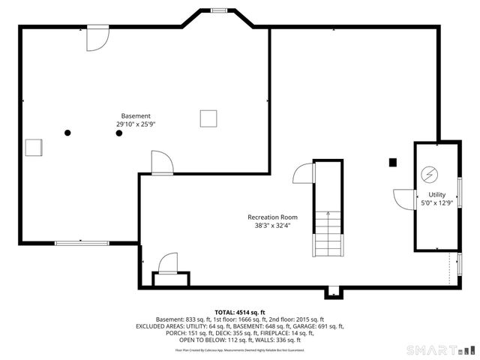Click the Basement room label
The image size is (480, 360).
click(x=135, y=115)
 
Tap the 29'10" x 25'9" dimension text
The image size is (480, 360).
click(x=135, y=124)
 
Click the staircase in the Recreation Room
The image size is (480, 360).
click(x=328, y=233)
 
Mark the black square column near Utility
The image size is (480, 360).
click(x=392, y=161)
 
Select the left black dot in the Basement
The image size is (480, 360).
click(x=67, y=133)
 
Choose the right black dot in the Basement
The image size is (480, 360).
click(x=118, y=133)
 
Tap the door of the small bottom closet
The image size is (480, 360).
click(x=166, y=265)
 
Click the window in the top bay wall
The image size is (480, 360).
click(x=219, y=10)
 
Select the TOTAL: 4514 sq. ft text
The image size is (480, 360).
click(x=240, y=312)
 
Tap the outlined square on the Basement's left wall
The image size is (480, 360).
click(x=33, y=147)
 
